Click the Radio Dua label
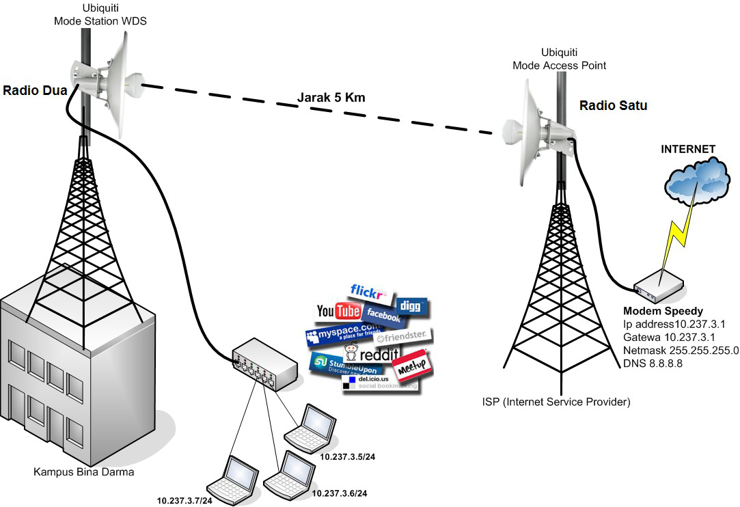coord(34,91)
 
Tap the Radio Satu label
coord(612,106)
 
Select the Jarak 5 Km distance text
coord(331,98)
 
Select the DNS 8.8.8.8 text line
coord(653,363)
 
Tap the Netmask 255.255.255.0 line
coord(681,350)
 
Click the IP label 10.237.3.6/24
coord(339,493)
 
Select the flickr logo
coord(370,292)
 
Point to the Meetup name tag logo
coord(412,363)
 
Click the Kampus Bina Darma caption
coord(84,471)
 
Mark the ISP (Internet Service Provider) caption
coord(556,402)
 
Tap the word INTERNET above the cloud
coord(687,149)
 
